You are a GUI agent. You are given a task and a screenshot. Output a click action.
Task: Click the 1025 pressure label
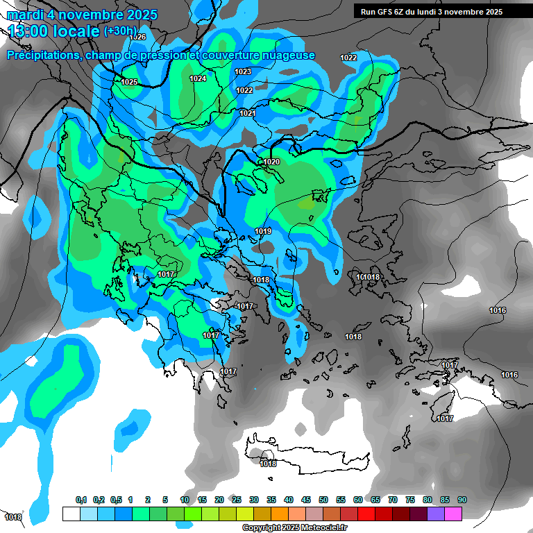[129, 82]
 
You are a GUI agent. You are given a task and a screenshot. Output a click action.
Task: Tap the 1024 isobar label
[198, 78]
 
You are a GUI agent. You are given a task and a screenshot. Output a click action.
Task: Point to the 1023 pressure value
[243, 71]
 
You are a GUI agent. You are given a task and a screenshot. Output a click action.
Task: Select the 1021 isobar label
[248, 113]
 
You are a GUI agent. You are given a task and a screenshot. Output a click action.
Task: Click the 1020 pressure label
[271, 162]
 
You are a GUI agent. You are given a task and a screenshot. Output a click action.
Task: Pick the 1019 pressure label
[263, 231]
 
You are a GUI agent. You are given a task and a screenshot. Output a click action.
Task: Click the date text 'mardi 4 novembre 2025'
[82, 15]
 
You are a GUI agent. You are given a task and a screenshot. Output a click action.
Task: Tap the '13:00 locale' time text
[54, 31]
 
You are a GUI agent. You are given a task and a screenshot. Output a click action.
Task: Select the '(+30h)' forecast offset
[121, 31]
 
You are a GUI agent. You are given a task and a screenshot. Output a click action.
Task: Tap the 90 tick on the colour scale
[462, 500]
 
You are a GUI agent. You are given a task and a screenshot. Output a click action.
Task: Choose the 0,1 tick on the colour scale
[81, 500]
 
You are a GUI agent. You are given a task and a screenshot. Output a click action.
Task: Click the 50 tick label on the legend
[323, 500]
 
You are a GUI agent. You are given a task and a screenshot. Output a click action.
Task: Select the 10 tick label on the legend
[185, 500]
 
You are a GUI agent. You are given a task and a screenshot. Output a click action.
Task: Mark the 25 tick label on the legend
[237, 500]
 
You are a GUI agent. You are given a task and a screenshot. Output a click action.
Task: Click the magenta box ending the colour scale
[453, 514]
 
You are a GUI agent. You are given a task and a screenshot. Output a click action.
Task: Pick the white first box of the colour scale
[71, 514]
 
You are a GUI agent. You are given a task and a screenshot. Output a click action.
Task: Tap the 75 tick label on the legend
[410, 500]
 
